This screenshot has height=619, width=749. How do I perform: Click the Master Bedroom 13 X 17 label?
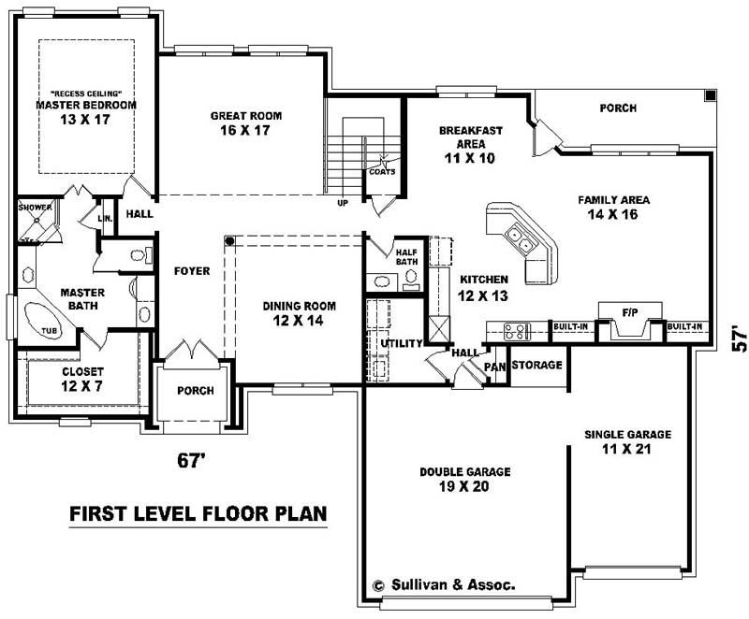click(85, 112)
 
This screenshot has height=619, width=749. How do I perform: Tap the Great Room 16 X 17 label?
click(245, 122)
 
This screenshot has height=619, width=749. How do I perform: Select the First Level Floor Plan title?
click(198, 514)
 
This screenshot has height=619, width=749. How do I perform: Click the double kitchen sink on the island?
click(519, 242)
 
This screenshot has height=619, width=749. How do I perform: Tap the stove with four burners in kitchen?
click(516, 330)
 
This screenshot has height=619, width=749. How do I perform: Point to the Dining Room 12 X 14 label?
click(299, 312)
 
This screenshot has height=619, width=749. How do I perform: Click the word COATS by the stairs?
click(383, 171)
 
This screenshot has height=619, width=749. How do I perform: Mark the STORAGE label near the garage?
click(536, 365)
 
